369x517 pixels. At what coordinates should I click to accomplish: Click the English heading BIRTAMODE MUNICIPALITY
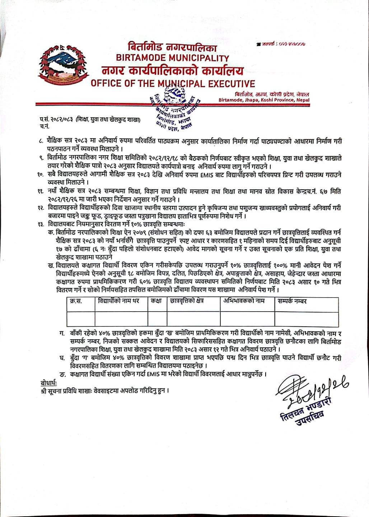coord(172,58)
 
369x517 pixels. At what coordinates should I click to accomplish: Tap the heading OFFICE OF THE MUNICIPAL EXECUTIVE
coord(173,84)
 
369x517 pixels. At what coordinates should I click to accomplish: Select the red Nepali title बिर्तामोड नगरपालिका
coord(172,47)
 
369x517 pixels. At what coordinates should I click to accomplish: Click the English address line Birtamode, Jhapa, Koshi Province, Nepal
coord(264,100)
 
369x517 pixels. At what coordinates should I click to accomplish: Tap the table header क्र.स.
coord(76,301)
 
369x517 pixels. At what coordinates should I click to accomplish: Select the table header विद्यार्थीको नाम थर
coord(118,301)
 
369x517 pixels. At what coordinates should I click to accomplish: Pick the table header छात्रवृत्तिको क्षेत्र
coord(187,301)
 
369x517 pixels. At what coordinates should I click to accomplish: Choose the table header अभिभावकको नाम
coord(244,301)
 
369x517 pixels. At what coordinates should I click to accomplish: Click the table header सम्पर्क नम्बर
coord(292,301)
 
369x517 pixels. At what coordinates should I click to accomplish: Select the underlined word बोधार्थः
coord(49,382)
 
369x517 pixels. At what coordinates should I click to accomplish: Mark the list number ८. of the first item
coord(41,141)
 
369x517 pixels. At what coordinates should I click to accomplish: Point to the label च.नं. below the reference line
coord(45,126)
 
